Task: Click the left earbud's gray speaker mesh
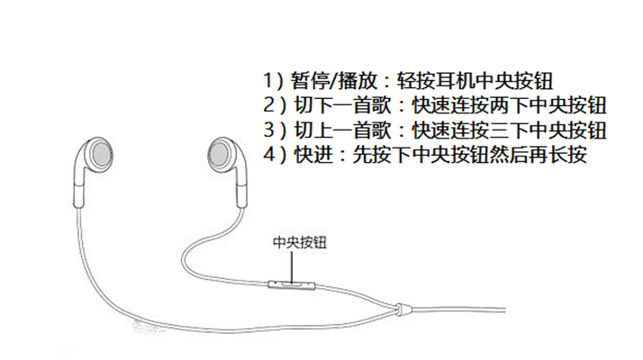pos(101,156)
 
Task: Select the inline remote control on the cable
pos(292,285)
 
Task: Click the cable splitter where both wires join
pos(401,309)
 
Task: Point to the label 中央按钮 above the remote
pos(300,242)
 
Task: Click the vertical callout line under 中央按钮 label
pos(292,267)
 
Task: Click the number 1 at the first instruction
pos(267,80)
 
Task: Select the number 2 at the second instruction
pos(269,105)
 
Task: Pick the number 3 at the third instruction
pos(269,130)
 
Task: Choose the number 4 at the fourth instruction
pos(269,155)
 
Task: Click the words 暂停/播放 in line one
pos(334,81)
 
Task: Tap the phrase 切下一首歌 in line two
pos(342,105)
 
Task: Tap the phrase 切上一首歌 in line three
pos(342,130)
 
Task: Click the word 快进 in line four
pos(313,155)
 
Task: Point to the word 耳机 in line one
pos(455,81)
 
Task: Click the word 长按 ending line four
pos(567,155)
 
